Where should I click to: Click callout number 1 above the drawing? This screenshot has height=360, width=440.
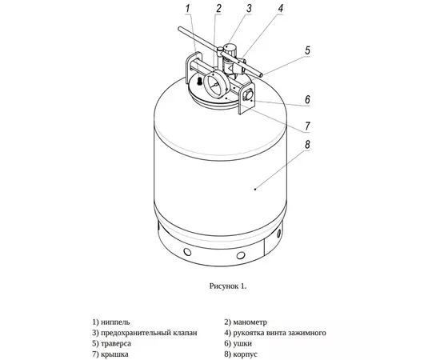(188, 8)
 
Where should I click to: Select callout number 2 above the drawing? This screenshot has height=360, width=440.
(218, 8)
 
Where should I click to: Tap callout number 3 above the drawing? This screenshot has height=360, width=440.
(249, 8)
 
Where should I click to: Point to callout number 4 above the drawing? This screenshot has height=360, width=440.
(280, 8)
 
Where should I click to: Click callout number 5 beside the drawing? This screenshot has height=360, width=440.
(307, 50)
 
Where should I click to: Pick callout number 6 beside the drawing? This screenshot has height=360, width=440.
(307, 100)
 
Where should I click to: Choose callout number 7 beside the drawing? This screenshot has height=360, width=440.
(307, 126)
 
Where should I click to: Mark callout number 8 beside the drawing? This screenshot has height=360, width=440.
(307, 145)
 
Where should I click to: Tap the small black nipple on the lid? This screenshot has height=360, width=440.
(199, 82)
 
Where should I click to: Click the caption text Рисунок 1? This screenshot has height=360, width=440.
(228, 286)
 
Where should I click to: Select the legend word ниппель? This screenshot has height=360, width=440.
(115, 322)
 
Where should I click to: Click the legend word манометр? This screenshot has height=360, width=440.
(250, 322)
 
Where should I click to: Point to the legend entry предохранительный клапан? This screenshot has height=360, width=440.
(149, 333)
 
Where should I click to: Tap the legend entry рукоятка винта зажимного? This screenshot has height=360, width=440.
(279, 333)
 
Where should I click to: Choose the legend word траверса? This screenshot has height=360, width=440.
(116, 343)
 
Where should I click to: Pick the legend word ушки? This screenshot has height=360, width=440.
(242, 343)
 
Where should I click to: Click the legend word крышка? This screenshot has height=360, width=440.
(114, 354)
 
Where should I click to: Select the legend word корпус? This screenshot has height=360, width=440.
(245, 354)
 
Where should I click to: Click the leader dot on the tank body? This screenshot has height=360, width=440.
(255, 190)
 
